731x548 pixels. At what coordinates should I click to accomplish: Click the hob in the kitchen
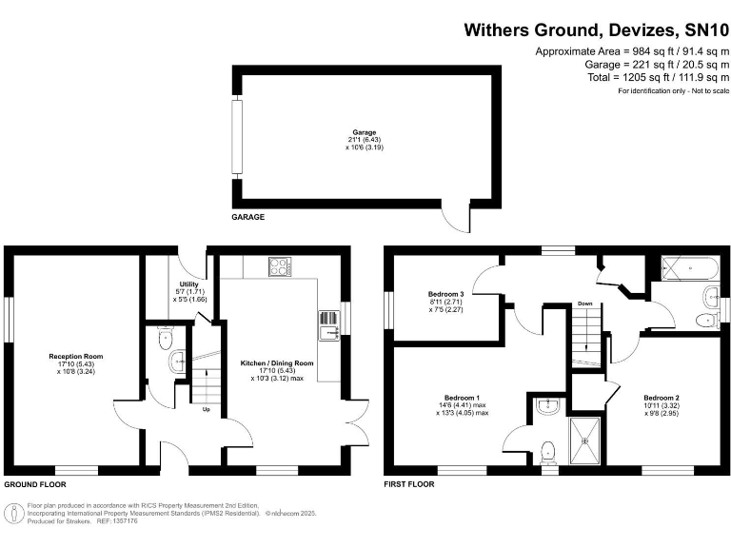coord(280,267)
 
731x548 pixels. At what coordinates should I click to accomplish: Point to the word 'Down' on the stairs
coord(585,304)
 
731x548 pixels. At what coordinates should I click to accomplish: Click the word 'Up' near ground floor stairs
coord(206,410)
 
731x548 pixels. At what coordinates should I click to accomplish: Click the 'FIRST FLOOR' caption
coord(409,483)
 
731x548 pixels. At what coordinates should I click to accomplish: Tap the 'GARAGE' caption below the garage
coord(248,217)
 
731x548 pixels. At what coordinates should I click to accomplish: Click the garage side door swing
coord(460,219)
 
